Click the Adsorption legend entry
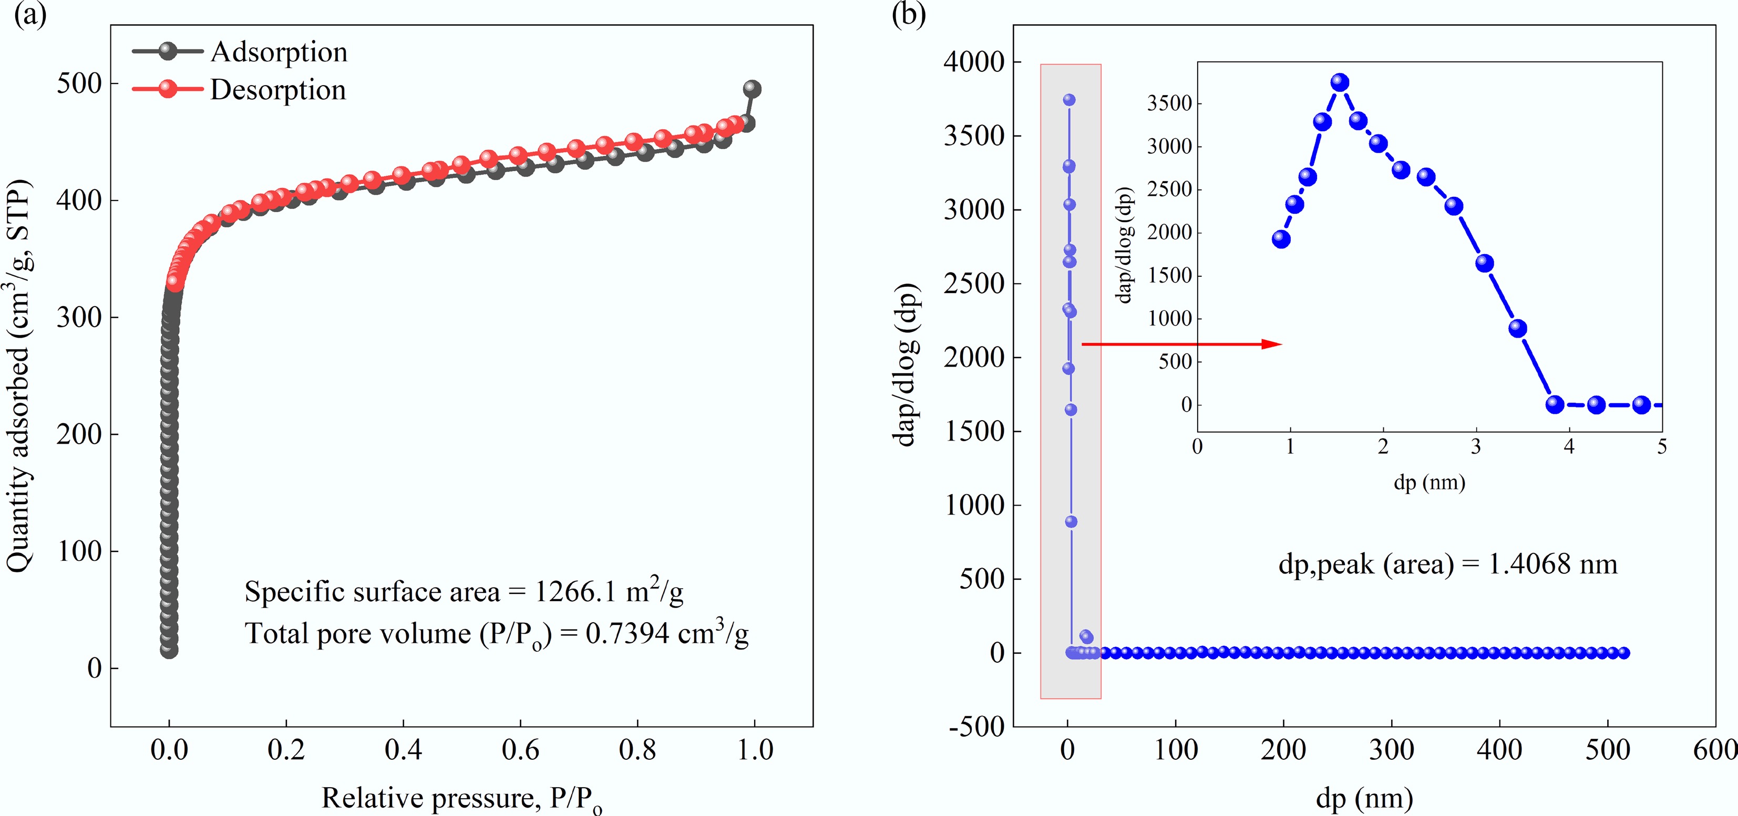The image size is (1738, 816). tap(278, 52)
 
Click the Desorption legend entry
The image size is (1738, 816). tap(277, 90)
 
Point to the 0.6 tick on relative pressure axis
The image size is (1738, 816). tap(520, 749)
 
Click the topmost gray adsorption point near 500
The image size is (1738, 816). tap(752, 89)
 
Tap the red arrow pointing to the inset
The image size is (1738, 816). tap(1181, 344)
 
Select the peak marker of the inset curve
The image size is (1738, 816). tap(1340, 82)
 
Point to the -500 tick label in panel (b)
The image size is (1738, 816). tap(976, 727)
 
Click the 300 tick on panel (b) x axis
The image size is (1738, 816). tap(1391, 749)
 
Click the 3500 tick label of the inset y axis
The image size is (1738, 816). tap(1169, 103)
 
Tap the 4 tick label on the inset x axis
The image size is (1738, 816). tap(1569, 446)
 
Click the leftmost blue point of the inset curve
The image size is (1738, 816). tap(1281, 239)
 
